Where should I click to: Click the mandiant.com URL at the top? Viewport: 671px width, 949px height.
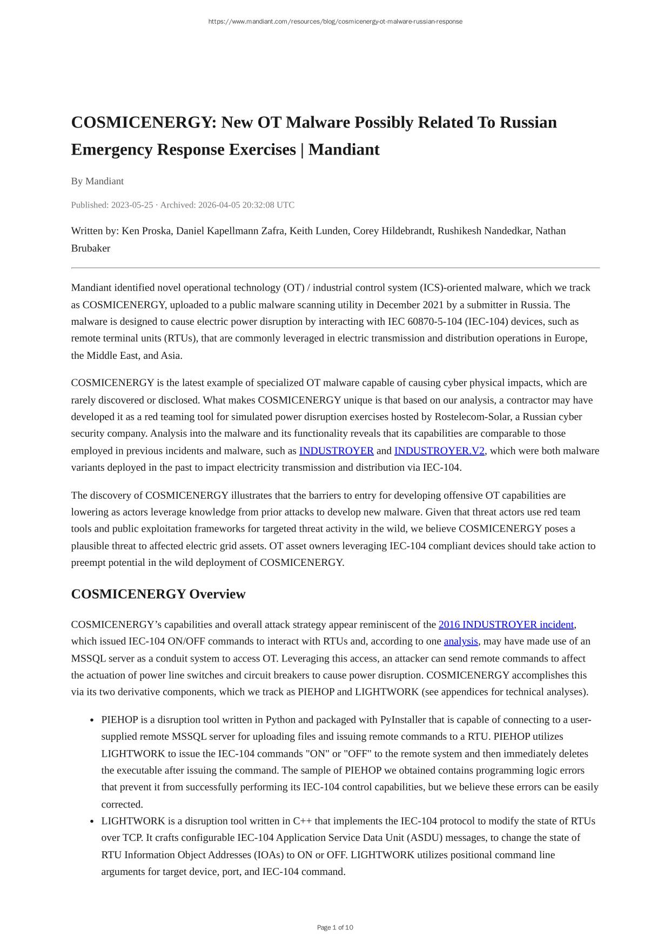[335, 22]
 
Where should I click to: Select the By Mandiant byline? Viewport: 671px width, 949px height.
[97, 181]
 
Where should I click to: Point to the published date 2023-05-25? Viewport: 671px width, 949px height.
[132, 205]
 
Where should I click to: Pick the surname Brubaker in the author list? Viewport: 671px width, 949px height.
[91, 248]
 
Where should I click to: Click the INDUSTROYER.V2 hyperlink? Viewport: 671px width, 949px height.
[439, 451]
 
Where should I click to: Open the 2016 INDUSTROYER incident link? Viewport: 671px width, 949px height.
[506, 625]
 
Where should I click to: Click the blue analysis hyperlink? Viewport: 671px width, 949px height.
[461, 641]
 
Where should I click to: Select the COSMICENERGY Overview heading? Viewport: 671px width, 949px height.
[158, 594]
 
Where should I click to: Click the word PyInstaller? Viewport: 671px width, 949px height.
[402, 720]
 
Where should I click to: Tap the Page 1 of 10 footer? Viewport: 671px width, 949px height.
[335, 927]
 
